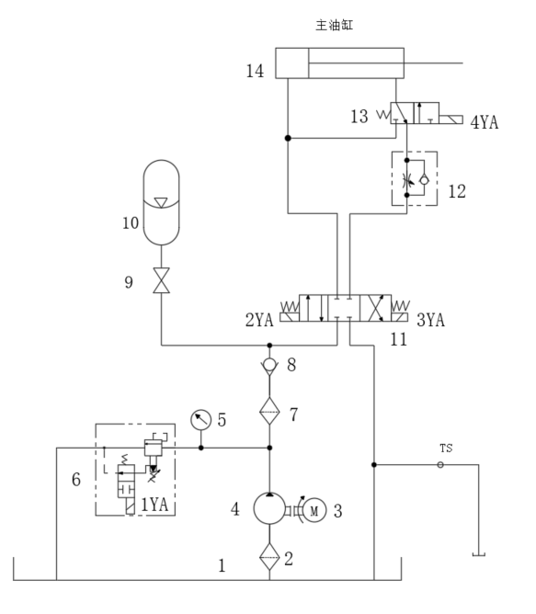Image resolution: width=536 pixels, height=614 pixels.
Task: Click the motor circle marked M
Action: (314, 510)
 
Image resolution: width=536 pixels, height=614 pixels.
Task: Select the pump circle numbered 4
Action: (269, 508)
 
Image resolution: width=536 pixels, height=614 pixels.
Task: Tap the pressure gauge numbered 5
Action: (200, 420)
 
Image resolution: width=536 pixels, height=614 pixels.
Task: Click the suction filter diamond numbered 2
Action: (269, 556)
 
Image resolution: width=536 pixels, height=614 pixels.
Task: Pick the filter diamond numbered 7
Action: (269, 411)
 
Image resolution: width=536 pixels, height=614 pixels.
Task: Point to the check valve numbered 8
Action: (269, 366)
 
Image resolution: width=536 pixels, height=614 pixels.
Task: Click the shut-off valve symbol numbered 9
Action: (162, 280)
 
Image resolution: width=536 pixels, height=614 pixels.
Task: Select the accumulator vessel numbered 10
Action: (162, 202)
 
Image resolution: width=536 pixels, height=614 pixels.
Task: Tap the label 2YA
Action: (259, 320)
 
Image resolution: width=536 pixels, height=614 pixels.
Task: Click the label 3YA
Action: (430, 320)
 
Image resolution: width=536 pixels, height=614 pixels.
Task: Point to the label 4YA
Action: (485, 122)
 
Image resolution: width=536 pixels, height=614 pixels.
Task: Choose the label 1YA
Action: (154, 505)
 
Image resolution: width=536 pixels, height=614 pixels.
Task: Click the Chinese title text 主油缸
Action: (335, 25)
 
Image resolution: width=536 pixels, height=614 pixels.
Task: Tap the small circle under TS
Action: (440, 465)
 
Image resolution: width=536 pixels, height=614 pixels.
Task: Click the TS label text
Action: (446, 449)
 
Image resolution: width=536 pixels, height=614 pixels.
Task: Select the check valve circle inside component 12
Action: (424, 180)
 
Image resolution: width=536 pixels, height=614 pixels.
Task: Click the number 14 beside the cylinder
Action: (255, 71)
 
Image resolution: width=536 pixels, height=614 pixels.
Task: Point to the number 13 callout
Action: (359, 117)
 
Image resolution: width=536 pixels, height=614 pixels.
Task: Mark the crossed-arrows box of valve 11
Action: (375, 308)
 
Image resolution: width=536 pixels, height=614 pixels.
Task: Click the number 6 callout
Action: (76, 479)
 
